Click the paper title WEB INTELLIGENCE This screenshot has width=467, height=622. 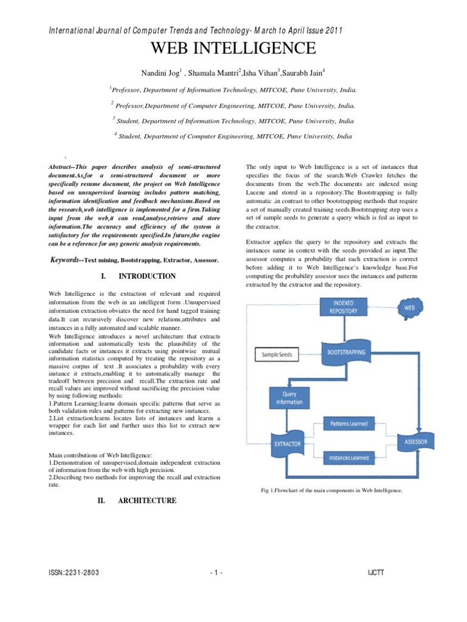tap(233, 49)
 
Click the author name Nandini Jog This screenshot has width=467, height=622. tap(178, 73)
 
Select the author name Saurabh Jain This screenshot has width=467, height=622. tap(304, 73)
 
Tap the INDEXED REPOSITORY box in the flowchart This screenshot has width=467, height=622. tap(344, 306)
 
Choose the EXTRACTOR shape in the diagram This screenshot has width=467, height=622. tap(286, 444)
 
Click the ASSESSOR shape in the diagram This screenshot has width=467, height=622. tap(416, 442)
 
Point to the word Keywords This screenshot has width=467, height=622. tap(65, 260)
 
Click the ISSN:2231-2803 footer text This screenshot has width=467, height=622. tap(74, 573)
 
